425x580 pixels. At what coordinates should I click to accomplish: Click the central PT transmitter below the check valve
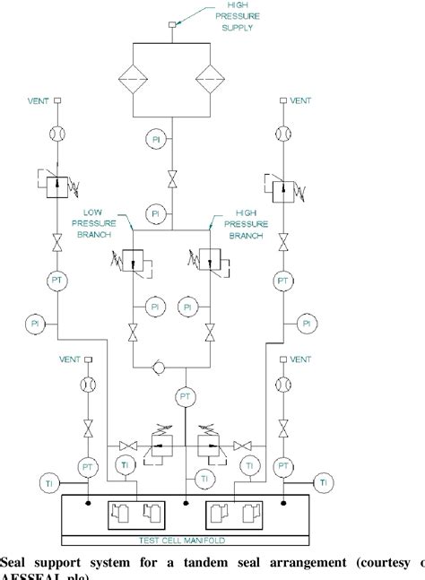coord(185,395)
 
